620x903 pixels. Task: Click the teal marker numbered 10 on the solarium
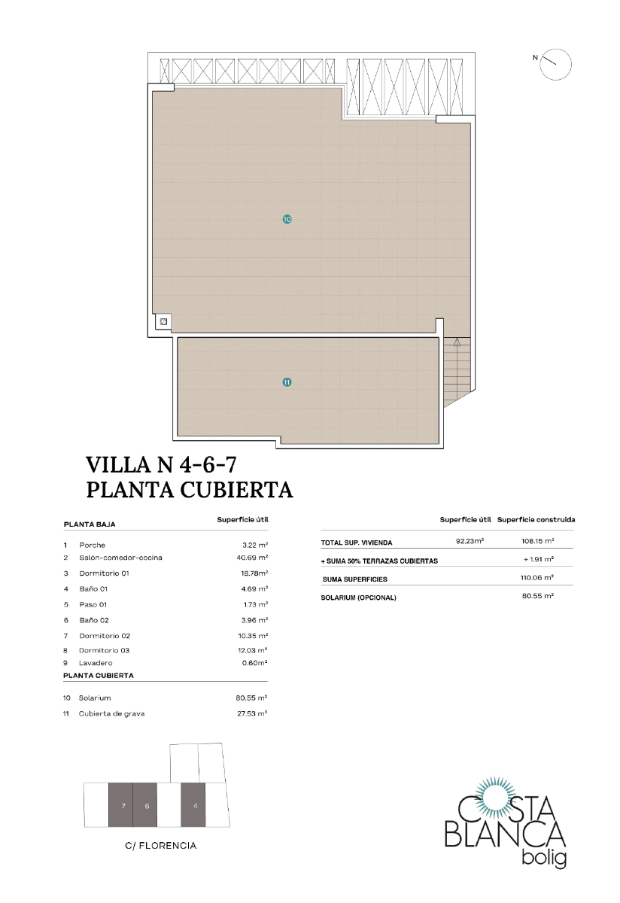(287, 220)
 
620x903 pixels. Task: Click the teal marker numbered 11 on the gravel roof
(287, 382)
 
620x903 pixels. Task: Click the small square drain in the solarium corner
(163, 322)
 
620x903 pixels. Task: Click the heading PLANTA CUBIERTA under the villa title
(190, 490)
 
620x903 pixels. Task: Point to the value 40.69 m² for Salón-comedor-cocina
(252, 558)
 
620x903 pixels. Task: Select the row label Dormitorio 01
(105, 573)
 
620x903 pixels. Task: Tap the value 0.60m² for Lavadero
(253, 663)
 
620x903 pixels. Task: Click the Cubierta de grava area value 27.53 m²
(252, 713)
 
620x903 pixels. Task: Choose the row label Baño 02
(94, 620)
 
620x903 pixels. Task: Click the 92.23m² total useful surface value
(470, 541)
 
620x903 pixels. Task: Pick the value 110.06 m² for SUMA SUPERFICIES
(537, 577)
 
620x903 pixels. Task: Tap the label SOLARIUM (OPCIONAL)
(358, 598)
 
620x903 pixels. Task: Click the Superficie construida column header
(536, 520)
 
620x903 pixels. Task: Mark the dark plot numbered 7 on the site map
(121, 805)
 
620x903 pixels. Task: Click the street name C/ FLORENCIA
(161, 846)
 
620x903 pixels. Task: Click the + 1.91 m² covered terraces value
(538, 560)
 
